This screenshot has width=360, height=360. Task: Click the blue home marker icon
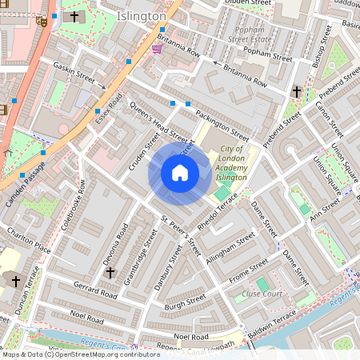coord(180,173)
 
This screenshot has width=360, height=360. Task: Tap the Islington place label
coord(141,16)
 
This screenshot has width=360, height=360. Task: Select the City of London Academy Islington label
coord(233,164)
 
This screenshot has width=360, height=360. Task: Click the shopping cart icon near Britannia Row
coord(157,49)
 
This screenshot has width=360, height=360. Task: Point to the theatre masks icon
coord(41,21)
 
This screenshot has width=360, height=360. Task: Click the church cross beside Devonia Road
coord(110,272)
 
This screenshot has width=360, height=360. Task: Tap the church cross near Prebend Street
coord(297,92)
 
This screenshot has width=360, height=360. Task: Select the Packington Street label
coord(222,121)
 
